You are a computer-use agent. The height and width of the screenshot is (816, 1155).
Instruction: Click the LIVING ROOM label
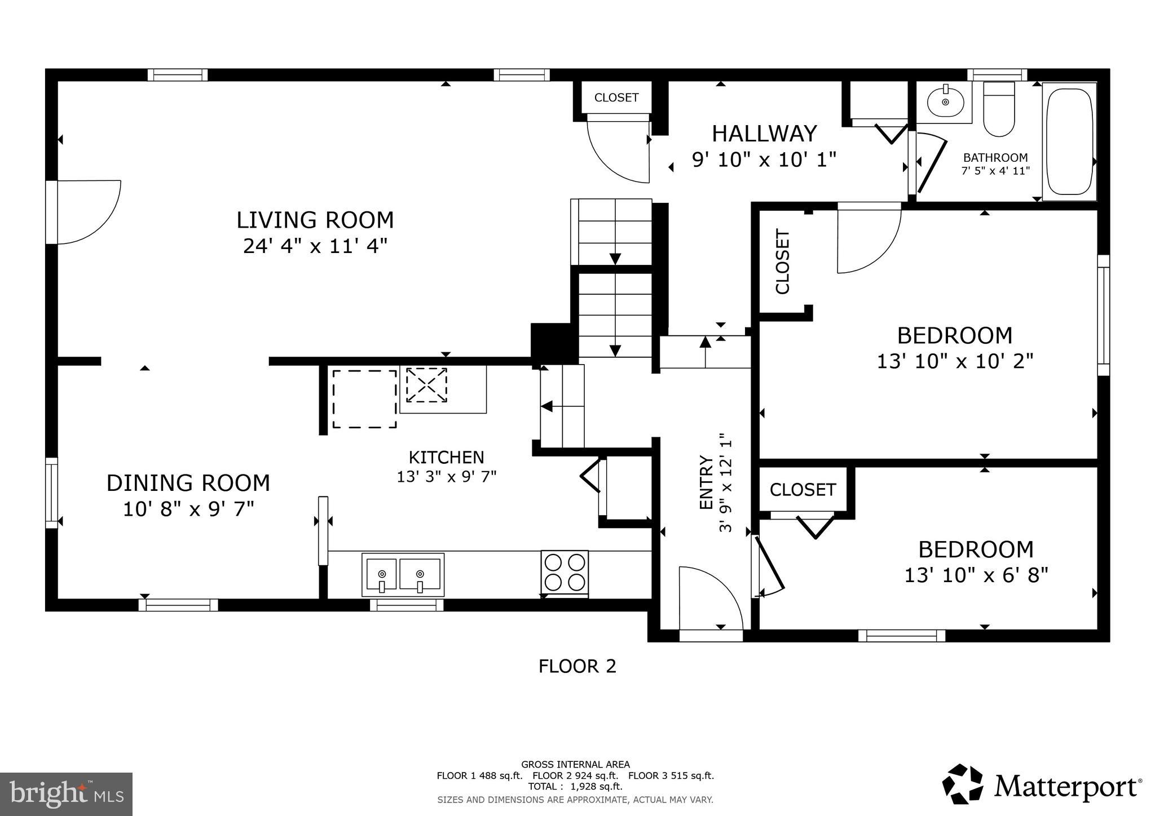(315, 220)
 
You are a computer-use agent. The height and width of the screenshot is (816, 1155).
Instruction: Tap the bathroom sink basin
(945, 102)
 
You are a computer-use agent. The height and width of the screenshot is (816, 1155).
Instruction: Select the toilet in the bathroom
(999, 110)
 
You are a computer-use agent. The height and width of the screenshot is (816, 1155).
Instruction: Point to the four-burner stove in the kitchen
(565, 572)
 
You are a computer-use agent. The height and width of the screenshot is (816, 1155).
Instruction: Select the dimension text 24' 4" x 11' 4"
(315, 246)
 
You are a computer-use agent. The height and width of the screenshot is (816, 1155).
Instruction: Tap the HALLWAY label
(764, 134)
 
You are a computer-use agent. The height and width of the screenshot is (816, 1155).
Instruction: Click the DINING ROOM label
(188, 484)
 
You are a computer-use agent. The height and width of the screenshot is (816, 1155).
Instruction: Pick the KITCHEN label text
(446, 457)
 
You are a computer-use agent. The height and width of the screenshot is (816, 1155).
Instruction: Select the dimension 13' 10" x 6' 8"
(976, 575)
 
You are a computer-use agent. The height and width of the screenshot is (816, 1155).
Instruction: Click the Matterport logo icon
(962, 784)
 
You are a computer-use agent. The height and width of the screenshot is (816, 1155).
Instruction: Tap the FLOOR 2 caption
(577, 667)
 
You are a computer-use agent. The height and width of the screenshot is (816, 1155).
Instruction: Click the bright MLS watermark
(66, 794)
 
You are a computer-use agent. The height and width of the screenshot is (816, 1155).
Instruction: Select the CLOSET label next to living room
(616, 97)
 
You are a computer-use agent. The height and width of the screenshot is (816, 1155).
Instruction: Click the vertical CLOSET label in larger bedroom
(783, 261)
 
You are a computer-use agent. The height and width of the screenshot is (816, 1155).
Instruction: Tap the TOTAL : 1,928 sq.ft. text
(575, 786)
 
